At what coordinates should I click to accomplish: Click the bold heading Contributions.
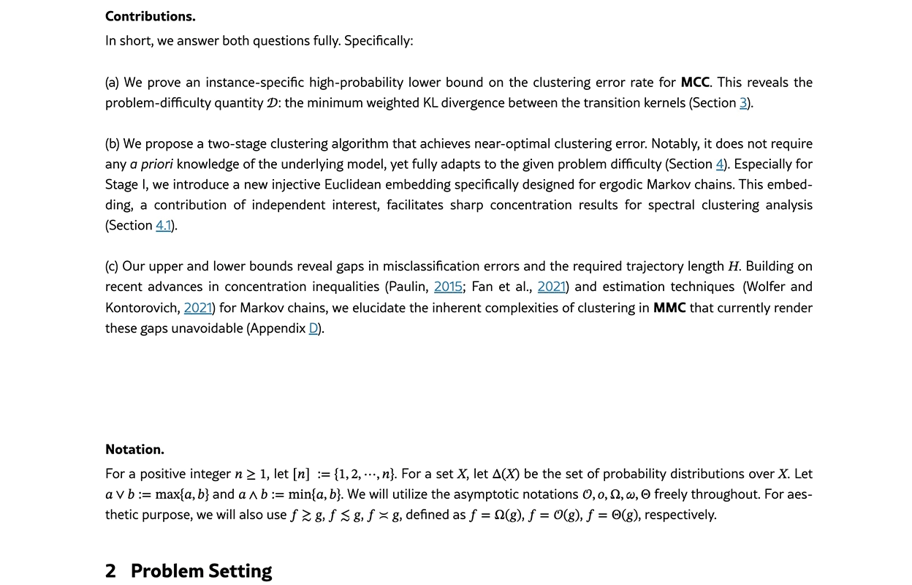click(150, 16)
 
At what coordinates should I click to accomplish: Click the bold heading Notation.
click(134, 449)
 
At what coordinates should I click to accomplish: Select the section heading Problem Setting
click(201, 571)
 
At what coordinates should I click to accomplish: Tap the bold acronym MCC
click(696, 83)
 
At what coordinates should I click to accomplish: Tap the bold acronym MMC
click(669, 308)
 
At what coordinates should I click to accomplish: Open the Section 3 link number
click(743, 103)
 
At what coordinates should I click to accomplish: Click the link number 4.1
click(163, 225)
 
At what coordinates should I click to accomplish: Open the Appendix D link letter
click(313, 328)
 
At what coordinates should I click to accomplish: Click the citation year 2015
click(448, 287)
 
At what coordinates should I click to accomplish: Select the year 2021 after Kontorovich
click(198, 308)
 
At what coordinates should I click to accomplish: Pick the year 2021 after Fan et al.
click(552, 287)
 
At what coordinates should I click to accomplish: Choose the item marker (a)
click(113, 83)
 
